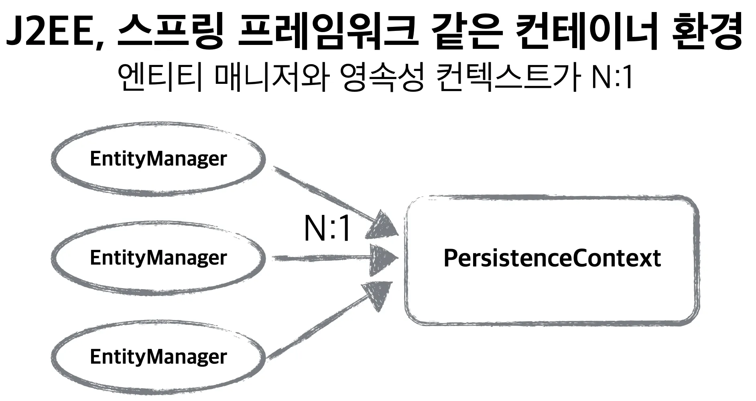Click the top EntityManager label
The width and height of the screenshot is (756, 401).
[159, 159]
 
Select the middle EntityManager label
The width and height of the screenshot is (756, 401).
[159, 258]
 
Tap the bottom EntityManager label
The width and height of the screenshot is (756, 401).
[159, 357]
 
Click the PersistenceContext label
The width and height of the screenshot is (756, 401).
[552, 259]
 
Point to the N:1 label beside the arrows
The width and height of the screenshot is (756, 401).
[327, 229]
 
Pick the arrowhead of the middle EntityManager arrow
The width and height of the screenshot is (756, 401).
[381, 258]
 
